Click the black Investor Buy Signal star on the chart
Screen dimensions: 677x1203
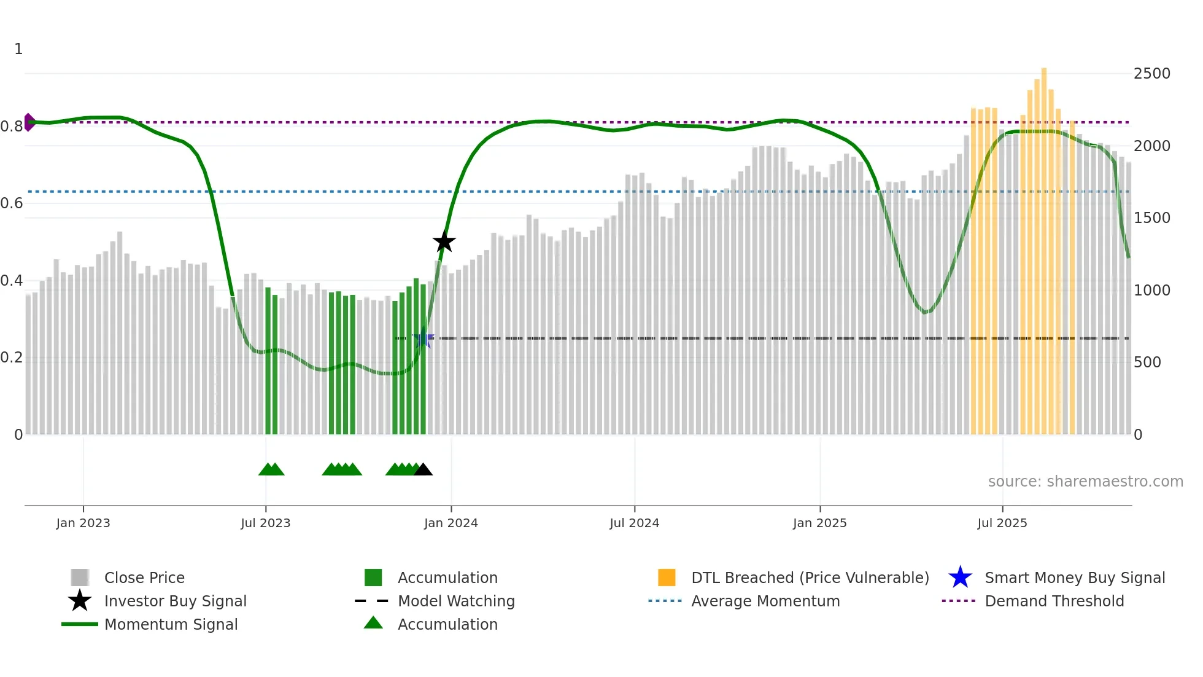click(444, 241)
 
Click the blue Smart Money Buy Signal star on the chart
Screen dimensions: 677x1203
click(423, 338)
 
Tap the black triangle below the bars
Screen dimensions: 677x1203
click(423, 470)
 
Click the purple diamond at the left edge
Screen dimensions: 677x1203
click(29, 122)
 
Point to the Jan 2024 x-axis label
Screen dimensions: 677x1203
click(451, 523)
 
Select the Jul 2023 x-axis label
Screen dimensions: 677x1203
click(265, 523)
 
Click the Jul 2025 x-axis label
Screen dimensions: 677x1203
click(1002, 523)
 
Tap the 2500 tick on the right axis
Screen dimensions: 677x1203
click(1151, 74)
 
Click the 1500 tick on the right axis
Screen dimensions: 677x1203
click(1151, 218)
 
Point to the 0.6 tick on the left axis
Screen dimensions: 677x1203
click(12, 203)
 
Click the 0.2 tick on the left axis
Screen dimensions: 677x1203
click(12, 358)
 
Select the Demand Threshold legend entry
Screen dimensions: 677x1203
click(1054, 601)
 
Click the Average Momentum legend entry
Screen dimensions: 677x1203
click(765, 601)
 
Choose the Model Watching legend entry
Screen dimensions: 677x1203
click(455, 601)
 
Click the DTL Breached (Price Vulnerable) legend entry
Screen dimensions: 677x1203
click(810, 577)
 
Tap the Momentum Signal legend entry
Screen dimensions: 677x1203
click(171, 624)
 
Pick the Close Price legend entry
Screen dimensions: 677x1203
click(144, 577)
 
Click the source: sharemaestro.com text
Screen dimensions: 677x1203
click(1085, 482)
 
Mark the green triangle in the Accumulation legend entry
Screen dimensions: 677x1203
click(373, 623)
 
